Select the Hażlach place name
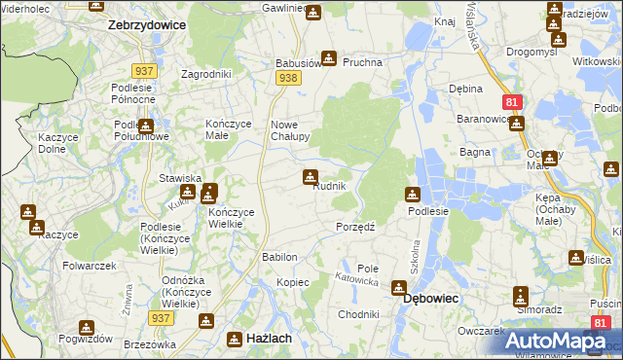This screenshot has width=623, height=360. pos(262,339)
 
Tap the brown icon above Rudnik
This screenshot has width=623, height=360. pos(310,176)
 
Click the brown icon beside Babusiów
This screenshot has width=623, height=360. pos(329,59)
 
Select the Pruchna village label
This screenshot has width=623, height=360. pos(362,62)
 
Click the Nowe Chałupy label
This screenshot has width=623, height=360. pos(289,130)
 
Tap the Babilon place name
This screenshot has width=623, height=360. pos(279,257)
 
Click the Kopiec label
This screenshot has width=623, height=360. pos(292,282)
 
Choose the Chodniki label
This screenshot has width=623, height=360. pos(357,315)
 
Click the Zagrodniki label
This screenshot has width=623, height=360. pos(205,74)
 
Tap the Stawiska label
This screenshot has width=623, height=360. pos(180,178)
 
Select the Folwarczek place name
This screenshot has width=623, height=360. pos(90,266)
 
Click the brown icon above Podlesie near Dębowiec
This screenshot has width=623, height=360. pos(413,195)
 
